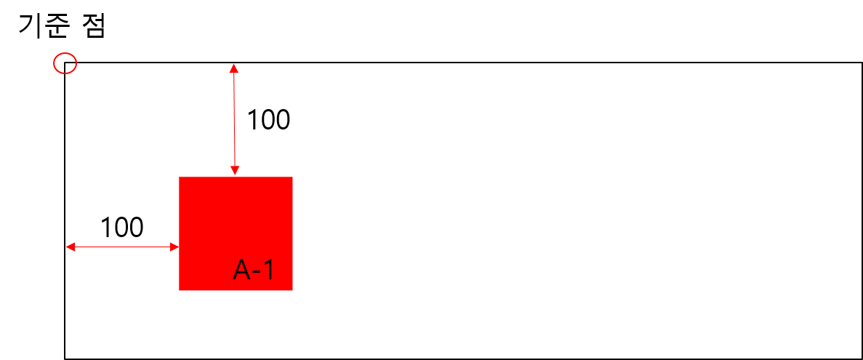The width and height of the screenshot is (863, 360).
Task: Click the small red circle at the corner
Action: click(65, 63)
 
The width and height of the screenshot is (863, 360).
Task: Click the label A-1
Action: click(254, 271)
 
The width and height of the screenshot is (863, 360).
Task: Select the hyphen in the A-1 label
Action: click(256, 273)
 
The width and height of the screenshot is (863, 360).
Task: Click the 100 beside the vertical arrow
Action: click(268, 120)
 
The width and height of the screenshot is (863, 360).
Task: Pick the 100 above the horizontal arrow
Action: click(121, 228)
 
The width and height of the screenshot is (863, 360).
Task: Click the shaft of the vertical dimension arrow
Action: click(234, 120)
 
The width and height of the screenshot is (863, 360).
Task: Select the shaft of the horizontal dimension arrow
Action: click(122, 247)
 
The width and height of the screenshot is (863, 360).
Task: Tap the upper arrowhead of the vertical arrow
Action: click(233, 68)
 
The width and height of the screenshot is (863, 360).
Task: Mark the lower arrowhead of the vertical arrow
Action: click(235, 172)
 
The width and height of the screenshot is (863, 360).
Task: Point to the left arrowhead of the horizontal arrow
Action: click(70, 247)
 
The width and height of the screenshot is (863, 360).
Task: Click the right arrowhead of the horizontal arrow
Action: click(174, 247)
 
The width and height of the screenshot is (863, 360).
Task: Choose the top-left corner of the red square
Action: click(180, 177)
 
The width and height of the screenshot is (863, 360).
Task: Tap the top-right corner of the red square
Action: click(292, 177)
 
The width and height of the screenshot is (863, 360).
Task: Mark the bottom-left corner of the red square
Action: click(180, 289)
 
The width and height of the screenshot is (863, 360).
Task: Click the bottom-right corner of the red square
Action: click(292, 289)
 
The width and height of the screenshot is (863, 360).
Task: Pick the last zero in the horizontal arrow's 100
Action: click(136, 228)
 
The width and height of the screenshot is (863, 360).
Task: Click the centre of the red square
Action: click(236, 233)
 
